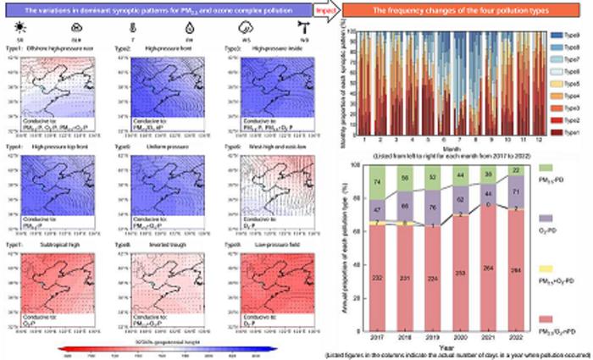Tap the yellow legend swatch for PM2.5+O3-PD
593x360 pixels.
544,269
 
